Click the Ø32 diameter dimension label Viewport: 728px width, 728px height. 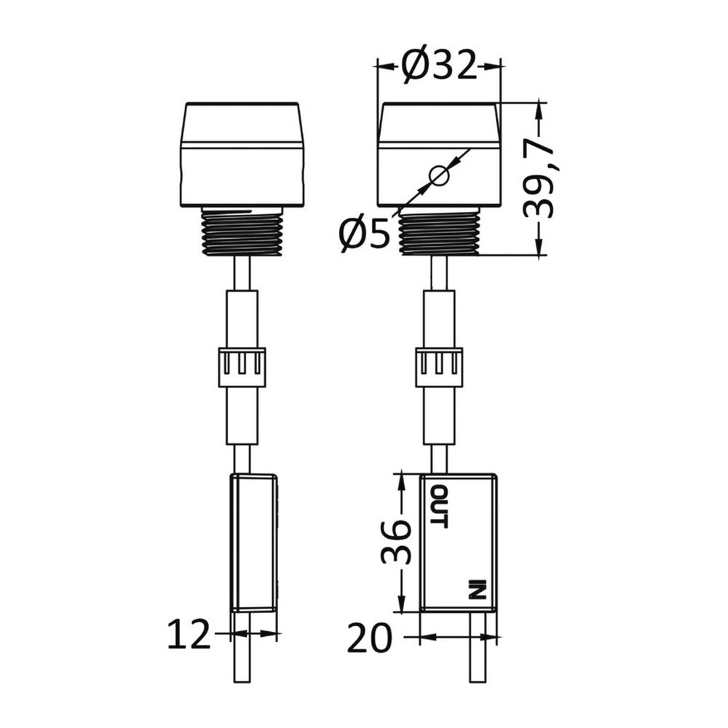[440, 66]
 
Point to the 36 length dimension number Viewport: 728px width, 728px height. [396, 542]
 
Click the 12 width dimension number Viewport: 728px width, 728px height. [189, 635]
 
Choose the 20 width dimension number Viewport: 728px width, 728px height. [369, 638]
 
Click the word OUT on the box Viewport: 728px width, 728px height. [439, 507]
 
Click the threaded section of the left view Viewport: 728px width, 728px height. [242, 232]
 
